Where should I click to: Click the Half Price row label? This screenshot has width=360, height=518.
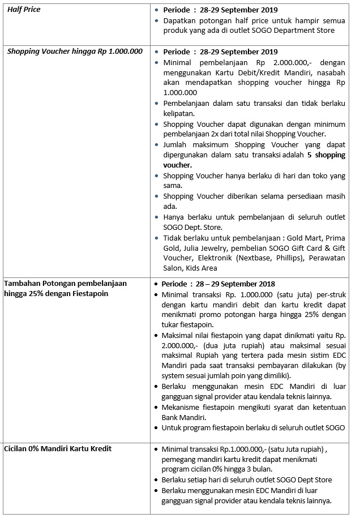tap(24, 10)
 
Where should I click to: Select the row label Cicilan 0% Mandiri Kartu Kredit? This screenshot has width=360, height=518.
tap(58, 448)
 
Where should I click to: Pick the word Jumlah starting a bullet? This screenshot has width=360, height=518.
tap(175, 144)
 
